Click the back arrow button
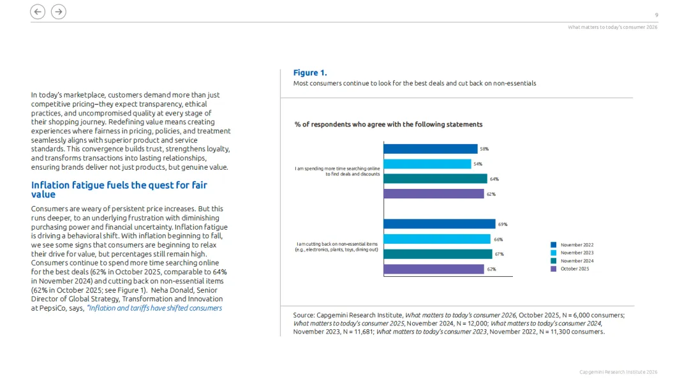coord(38,11)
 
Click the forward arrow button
coord(58,11)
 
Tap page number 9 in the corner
coord(656,15)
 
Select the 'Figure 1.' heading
coord(310,73)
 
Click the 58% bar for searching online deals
coord(430,149)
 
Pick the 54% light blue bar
coord(427,164)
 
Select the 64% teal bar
coord(435,179)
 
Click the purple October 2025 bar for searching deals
coord(433,194)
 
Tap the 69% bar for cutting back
coord(439,224)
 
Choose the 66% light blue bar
coord(436,239)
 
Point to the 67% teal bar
coord(438,254)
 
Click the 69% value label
coord(503,225)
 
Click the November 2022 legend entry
coord(576,245)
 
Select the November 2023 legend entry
coord(576,253)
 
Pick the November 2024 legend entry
coord(576,261)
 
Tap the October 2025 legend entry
coord(574,269)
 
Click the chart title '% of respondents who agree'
coord(388,124)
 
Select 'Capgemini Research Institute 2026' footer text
coord(618,372)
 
